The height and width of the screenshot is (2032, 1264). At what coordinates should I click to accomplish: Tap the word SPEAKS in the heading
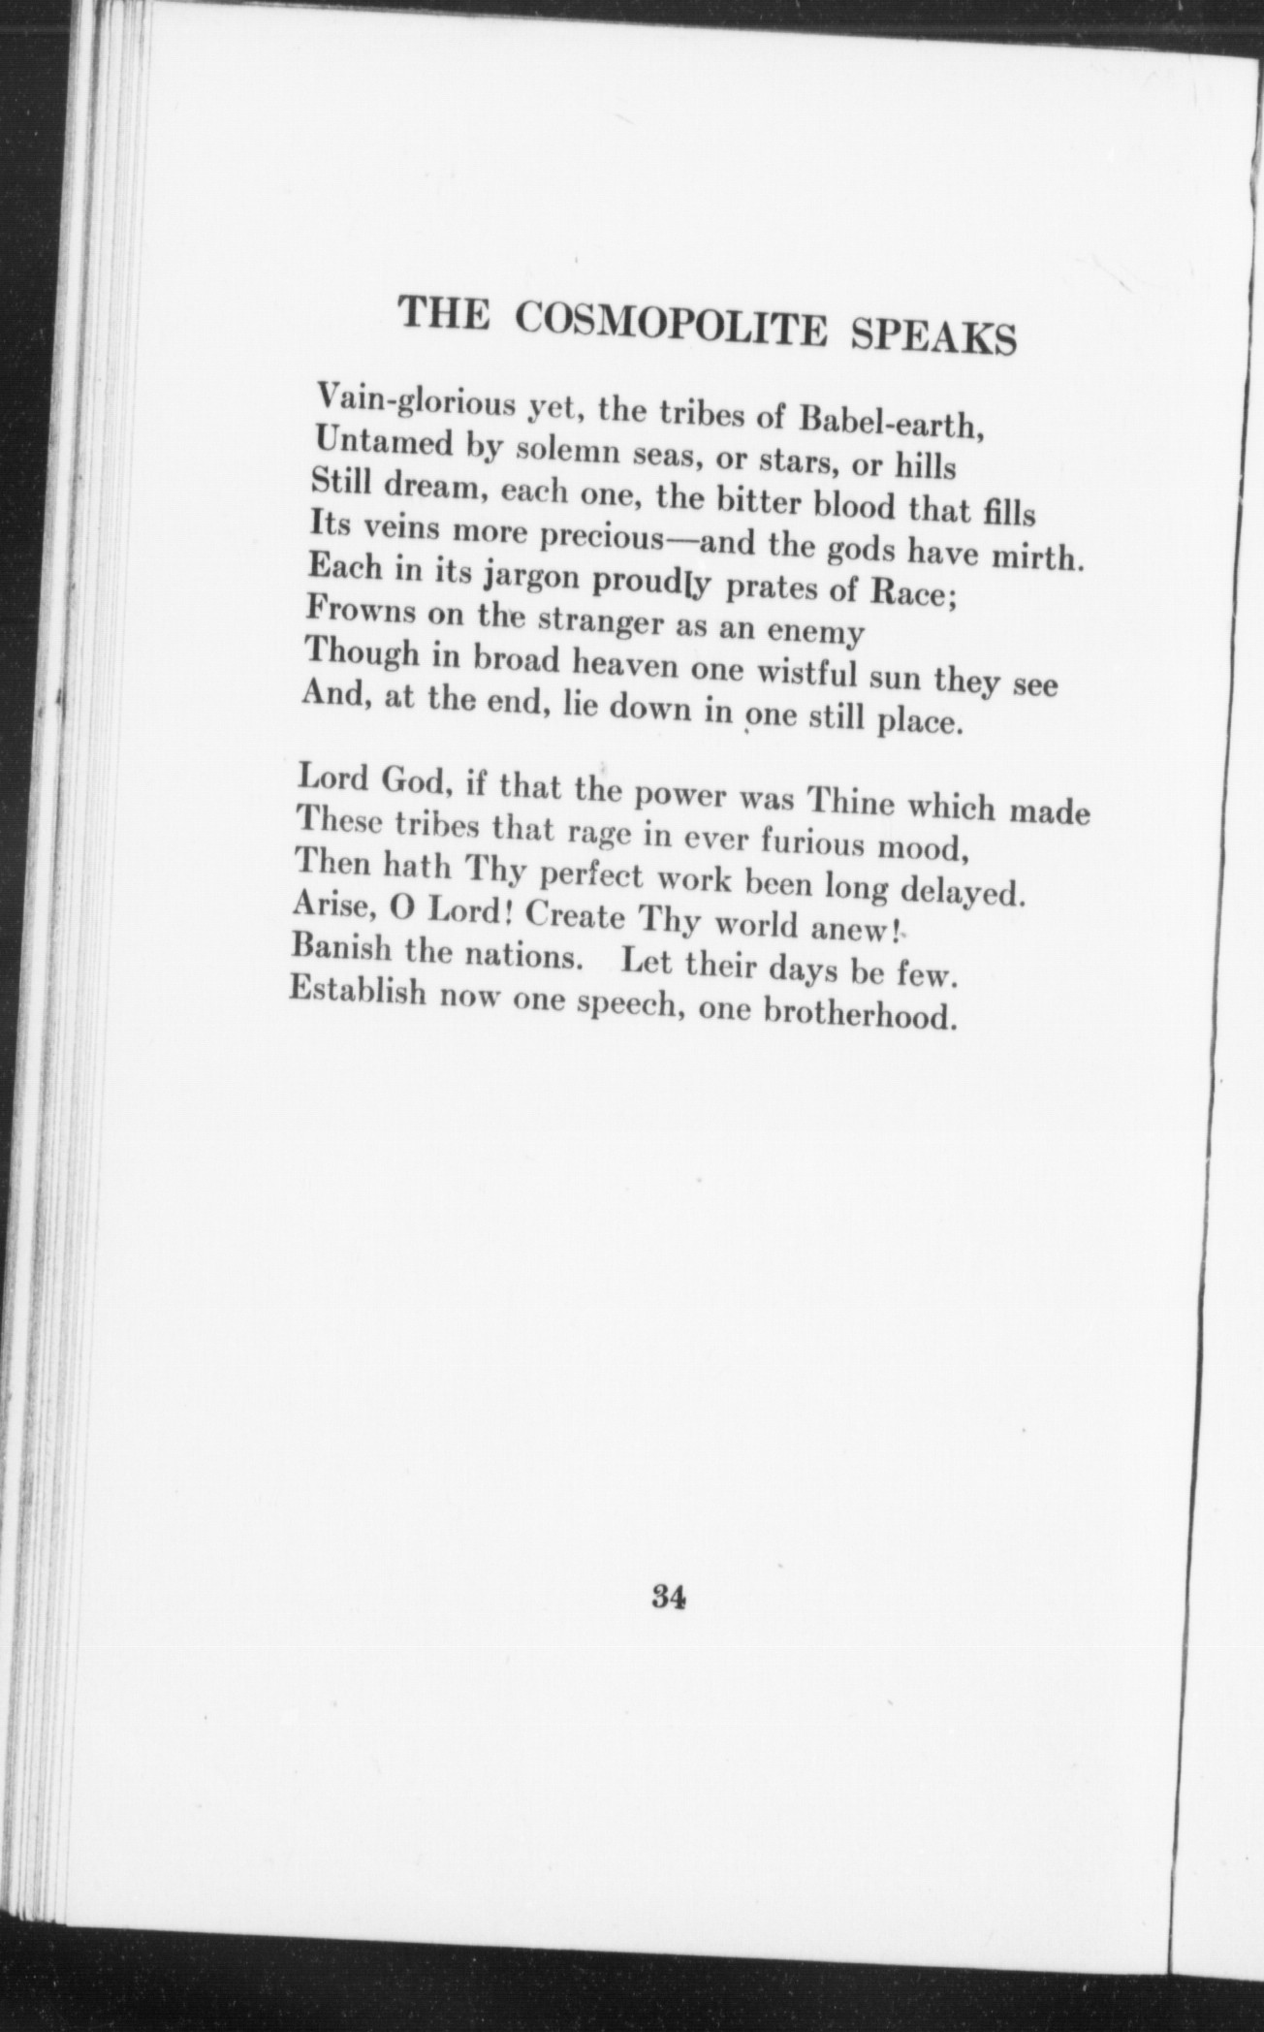click(x=932, y=338)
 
